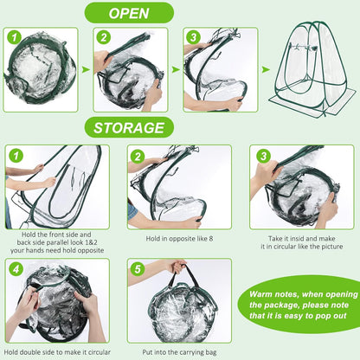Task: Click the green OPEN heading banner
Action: [x=129, y=13]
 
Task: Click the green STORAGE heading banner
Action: [x=129, y=127]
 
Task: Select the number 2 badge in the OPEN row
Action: [x=104, y=38]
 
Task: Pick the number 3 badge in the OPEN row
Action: [x=194, y=38]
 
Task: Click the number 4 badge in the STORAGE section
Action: [x=16, y=269]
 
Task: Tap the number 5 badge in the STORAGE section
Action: [x=138, y=269]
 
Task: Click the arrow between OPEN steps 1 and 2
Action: [x=86, y=69]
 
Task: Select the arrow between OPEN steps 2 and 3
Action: [x=176, y=69]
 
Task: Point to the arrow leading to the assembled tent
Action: [x=266, y=69]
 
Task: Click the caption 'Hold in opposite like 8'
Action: [x=179, y=239]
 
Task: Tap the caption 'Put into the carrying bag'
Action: [x=179, y=352]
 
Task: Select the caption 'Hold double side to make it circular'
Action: [x=57, y=352]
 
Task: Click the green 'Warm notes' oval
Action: [x=300, y=305]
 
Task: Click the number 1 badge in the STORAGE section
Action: [x=16, y=156]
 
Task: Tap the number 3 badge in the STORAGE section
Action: [x=263, y=156]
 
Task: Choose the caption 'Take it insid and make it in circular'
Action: [x=302, y=242]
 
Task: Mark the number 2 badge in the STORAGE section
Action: [x=138, y=156]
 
